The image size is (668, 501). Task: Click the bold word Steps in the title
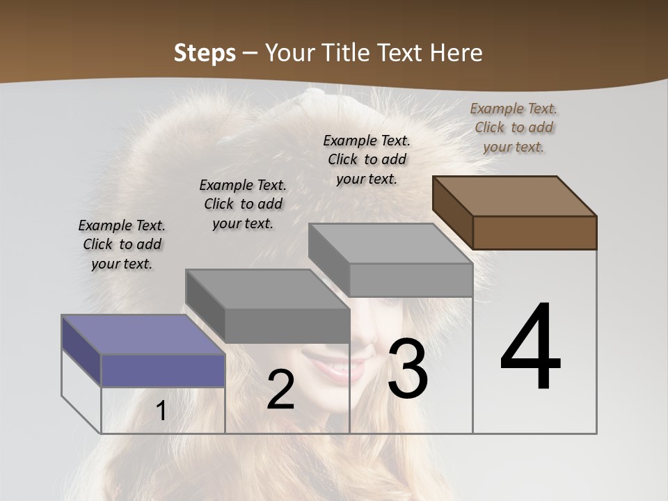205,53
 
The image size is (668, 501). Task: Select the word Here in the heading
456,53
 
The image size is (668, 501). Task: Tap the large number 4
530,348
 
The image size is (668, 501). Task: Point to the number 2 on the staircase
280,390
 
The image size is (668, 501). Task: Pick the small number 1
161,411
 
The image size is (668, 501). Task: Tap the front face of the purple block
163,370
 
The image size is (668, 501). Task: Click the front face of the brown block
534,232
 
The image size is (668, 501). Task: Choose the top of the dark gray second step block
267,288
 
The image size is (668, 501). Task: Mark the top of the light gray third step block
390,243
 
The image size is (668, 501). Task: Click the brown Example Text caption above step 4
514,127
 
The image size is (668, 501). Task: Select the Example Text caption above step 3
367,159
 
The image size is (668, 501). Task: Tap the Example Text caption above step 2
243,204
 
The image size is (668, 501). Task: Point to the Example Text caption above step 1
122,244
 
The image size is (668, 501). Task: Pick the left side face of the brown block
452,213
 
